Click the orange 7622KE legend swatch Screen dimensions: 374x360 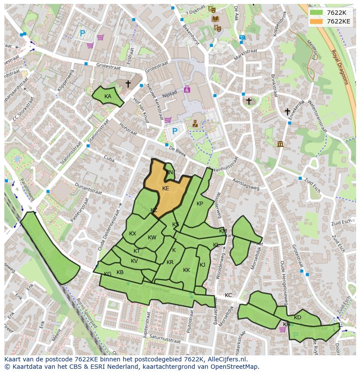[x=317, y=21]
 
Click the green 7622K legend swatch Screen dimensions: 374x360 [x=317, y=13]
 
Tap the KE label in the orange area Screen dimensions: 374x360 [x=165, y=189]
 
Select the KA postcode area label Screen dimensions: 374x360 [x=108, y=96]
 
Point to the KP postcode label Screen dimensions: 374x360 [x=200, y=204]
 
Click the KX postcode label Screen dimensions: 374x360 [x=133, y=234]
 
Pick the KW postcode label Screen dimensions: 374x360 [x=152, y=238]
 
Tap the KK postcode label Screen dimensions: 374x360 [x=187, y=270]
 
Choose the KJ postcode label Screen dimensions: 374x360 [x=202, y=265]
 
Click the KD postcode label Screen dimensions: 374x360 [x=297, y=318]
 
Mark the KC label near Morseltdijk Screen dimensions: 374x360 [x=228, y=295]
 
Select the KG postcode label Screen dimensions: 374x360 [x=107, y=274]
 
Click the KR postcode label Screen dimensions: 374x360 [x=170, y=262]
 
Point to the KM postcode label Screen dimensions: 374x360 [x=223, y=231]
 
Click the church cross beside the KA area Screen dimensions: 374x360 [x=128, y=83]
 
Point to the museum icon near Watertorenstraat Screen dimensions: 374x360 [x=280, y=144]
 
